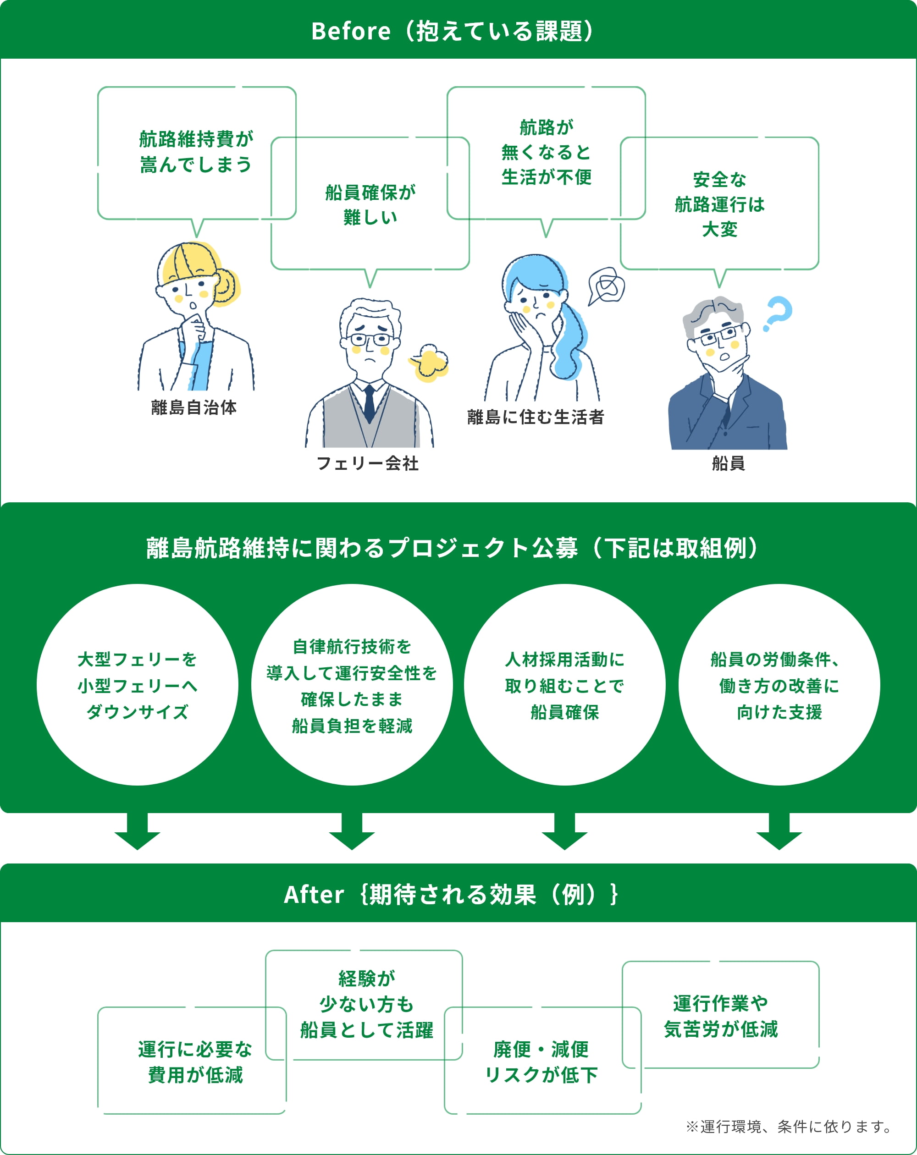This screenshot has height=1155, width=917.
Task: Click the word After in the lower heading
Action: [314, 894]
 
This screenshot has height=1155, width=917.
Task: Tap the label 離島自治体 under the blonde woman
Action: [193, 407]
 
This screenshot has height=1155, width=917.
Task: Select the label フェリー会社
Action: [368, 463]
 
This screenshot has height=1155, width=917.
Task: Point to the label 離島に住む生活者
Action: [536, 417]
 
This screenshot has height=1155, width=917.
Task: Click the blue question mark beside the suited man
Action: [777, 313]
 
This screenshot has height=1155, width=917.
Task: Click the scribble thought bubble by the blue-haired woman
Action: [607, 286]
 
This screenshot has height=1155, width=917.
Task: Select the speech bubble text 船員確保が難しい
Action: [370, 204]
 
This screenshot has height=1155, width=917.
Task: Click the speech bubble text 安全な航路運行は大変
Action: [719, 204]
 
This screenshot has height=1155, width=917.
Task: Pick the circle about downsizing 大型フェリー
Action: [137, 685]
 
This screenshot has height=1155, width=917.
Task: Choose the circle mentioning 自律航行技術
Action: [352, 685]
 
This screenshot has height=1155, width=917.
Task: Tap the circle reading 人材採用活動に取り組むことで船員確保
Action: [564, 685]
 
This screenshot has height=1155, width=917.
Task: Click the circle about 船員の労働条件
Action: [779, 685]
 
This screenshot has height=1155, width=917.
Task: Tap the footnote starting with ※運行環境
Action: [788, 1127]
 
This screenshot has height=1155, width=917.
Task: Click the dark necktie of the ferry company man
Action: [369, 404]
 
